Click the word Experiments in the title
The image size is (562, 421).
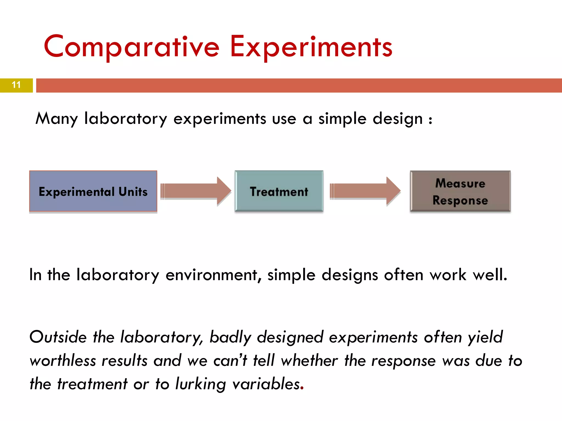click(x=311, y=47)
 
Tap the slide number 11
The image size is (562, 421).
click(x=16, y=85)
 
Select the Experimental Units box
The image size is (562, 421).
click(x=93, y=191)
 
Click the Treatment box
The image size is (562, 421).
click(x=279, y=191)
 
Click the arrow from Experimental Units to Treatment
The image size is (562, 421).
click(x=196, y=191)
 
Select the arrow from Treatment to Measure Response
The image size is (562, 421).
click(x=365, y=191)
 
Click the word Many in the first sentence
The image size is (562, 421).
click(x=57, y=119)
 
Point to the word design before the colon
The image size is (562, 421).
click(x=398, y=119)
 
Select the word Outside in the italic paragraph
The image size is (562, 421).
click(x=58, y=337)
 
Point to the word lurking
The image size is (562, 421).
click(x=200, y=384)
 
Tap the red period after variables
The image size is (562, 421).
click(x=302, y=389)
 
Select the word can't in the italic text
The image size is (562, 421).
click(x=230, y=360)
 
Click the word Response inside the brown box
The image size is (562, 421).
click(x=460, y=200)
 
